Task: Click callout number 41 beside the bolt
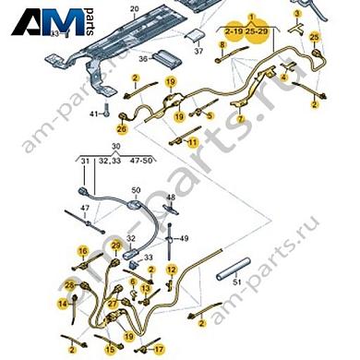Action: pos(94,114)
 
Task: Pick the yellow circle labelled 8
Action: pos(222,45)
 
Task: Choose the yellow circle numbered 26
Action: pos(122,128)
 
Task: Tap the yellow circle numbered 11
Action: pos(193,144)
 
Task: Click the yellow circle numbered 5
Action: pos(210,115)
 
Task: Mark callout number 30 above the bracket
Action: pos(116,149)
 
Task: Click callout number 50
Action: pos(136,190)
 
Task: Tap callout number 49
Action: pos(185,239)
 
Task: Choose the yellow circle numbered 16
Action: pos(82,250)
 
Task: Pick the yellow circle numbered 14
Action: pos(64,303)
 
